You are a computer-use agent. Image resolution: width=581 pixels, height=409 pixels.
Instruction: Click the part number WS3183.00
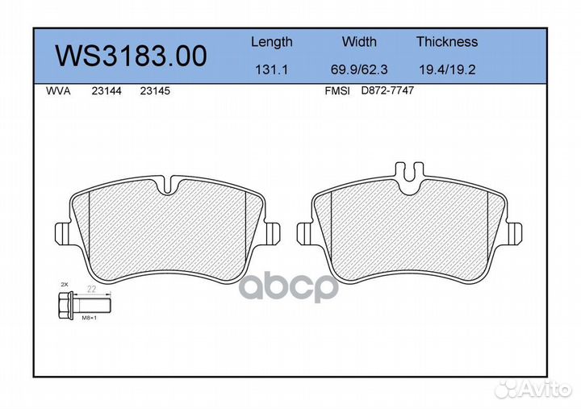[x=131, y=56]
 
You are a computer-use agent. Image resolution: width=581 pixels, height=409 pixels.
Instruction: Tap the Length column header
[x=272, y=42]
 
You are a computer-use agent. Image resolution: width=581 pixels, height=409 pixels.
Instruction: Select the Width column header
[x=359, y=41]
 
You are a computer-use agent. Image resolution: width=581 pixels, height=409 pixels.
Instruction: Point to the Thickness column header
[x=447, y=41]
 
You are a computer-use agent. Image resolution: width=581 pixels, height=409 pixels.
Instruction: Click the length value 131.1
[x=272, y=69]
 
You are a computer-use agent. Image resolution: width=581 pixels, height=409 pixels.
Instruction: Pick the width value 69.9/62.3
[x=359, y=69]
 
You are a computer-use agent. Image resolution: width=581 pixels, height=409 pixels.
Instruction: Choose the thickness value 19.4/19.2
[x=447, y=69]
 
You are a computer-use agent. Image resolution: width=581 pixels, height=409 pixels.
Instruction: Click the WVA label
[x=58, y=91]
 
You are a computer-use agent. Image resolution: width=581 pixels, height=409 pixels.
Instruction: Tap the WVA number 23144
[x=107, y=91]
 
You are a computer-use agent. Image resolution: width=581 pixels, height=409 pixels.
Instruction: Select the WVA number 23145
[x=155, y=91]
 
